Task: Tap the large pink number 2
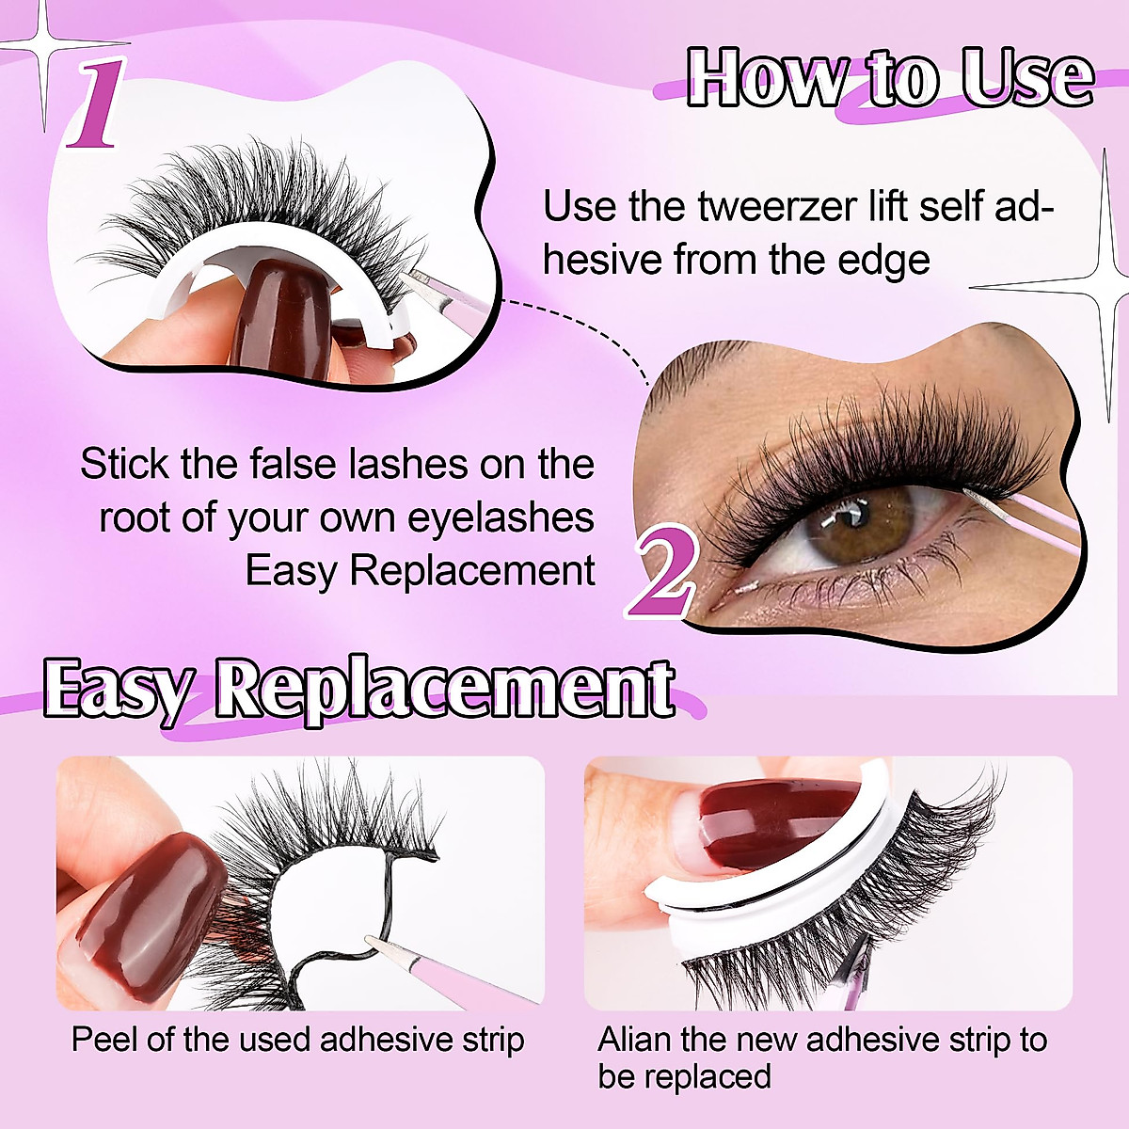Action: (x=664, y=571)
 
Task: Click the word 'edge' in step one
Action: (x=884, y=260)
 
